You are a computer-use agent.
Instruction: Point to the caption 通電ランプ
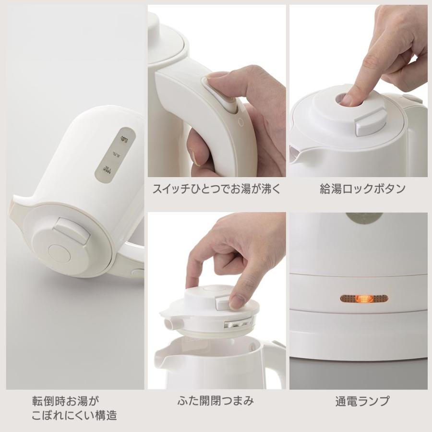click(x=362, y=400)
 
